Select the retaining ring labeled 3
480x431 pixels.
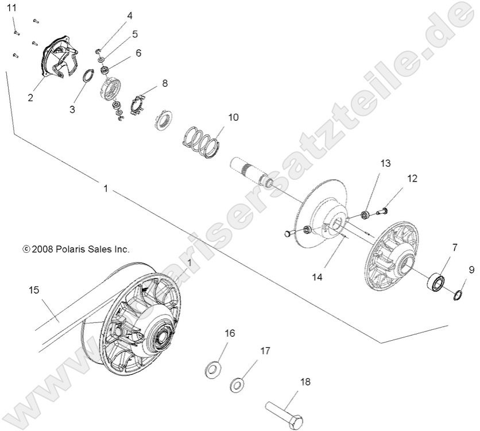(87, 76)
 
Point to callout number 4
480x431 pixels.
(129, 16)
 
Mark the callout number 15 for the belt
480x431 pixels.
(34, 290)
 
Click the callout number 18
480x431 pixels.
(305, 382)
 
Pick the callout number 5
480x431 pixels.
(134, 34)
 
